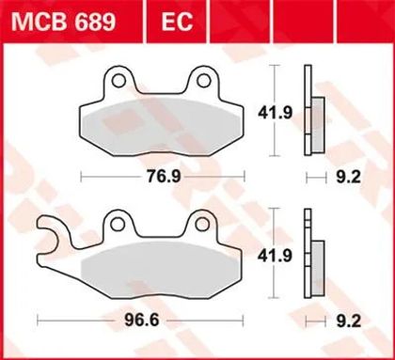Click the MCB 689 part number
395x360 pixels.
pyautogui.click(x=64, y=22)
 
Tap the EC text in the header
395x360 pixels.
pyautogui.click(x=177, y=22)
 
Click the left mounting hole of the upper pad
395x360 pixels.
pyautogui.click(x=118, y=81)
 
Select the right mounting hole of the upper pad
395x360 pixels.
pyautogui.click(x=203, y=81)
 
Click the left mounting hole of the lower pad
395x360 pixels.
pyautogui.click(x=118, y=225)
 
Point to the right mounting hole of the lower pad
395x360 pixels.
pyautogui.click(x=202, y=225)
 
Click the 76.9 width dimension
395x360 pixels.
pyautogui.click(x=164, y=177)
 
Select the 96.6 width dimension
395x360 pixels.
pyautogui.click(x=142, y=321)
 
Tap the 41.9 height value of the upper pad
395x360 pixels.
pyautogui.click(x=275, y=113)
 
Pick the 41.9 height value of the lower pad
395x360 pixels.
pyautogui.click(x=275, y=256)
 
